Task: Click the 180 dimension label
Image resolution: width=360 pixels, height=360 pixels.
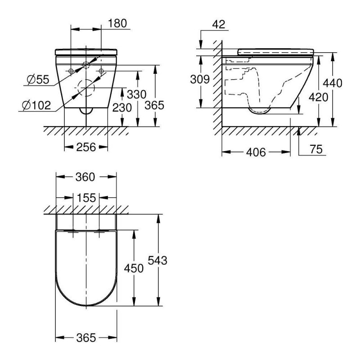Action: pos(117,23)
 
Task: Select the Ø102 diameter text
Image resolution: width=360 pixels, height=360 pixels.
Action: pos(36,105)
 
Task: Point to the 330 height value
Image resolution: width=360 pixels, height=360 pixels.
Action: pos(137,94)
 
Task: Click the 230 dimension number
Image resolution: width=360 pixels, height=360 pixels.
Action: pos(122,108)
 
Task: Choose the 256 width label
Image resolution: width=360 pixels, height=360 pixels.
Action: pos(86,147)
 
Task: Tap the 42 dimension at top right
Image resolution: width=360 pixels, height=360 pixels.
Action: pos(219,24)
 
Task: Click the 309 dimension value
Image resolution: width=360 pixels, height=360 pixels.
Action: pos(200,80)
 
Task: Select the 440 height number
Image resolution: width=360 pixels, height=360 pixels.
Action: pos(333,83)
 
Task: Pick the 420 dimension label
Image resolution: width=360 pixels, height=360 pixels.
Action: pos(319,97)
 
